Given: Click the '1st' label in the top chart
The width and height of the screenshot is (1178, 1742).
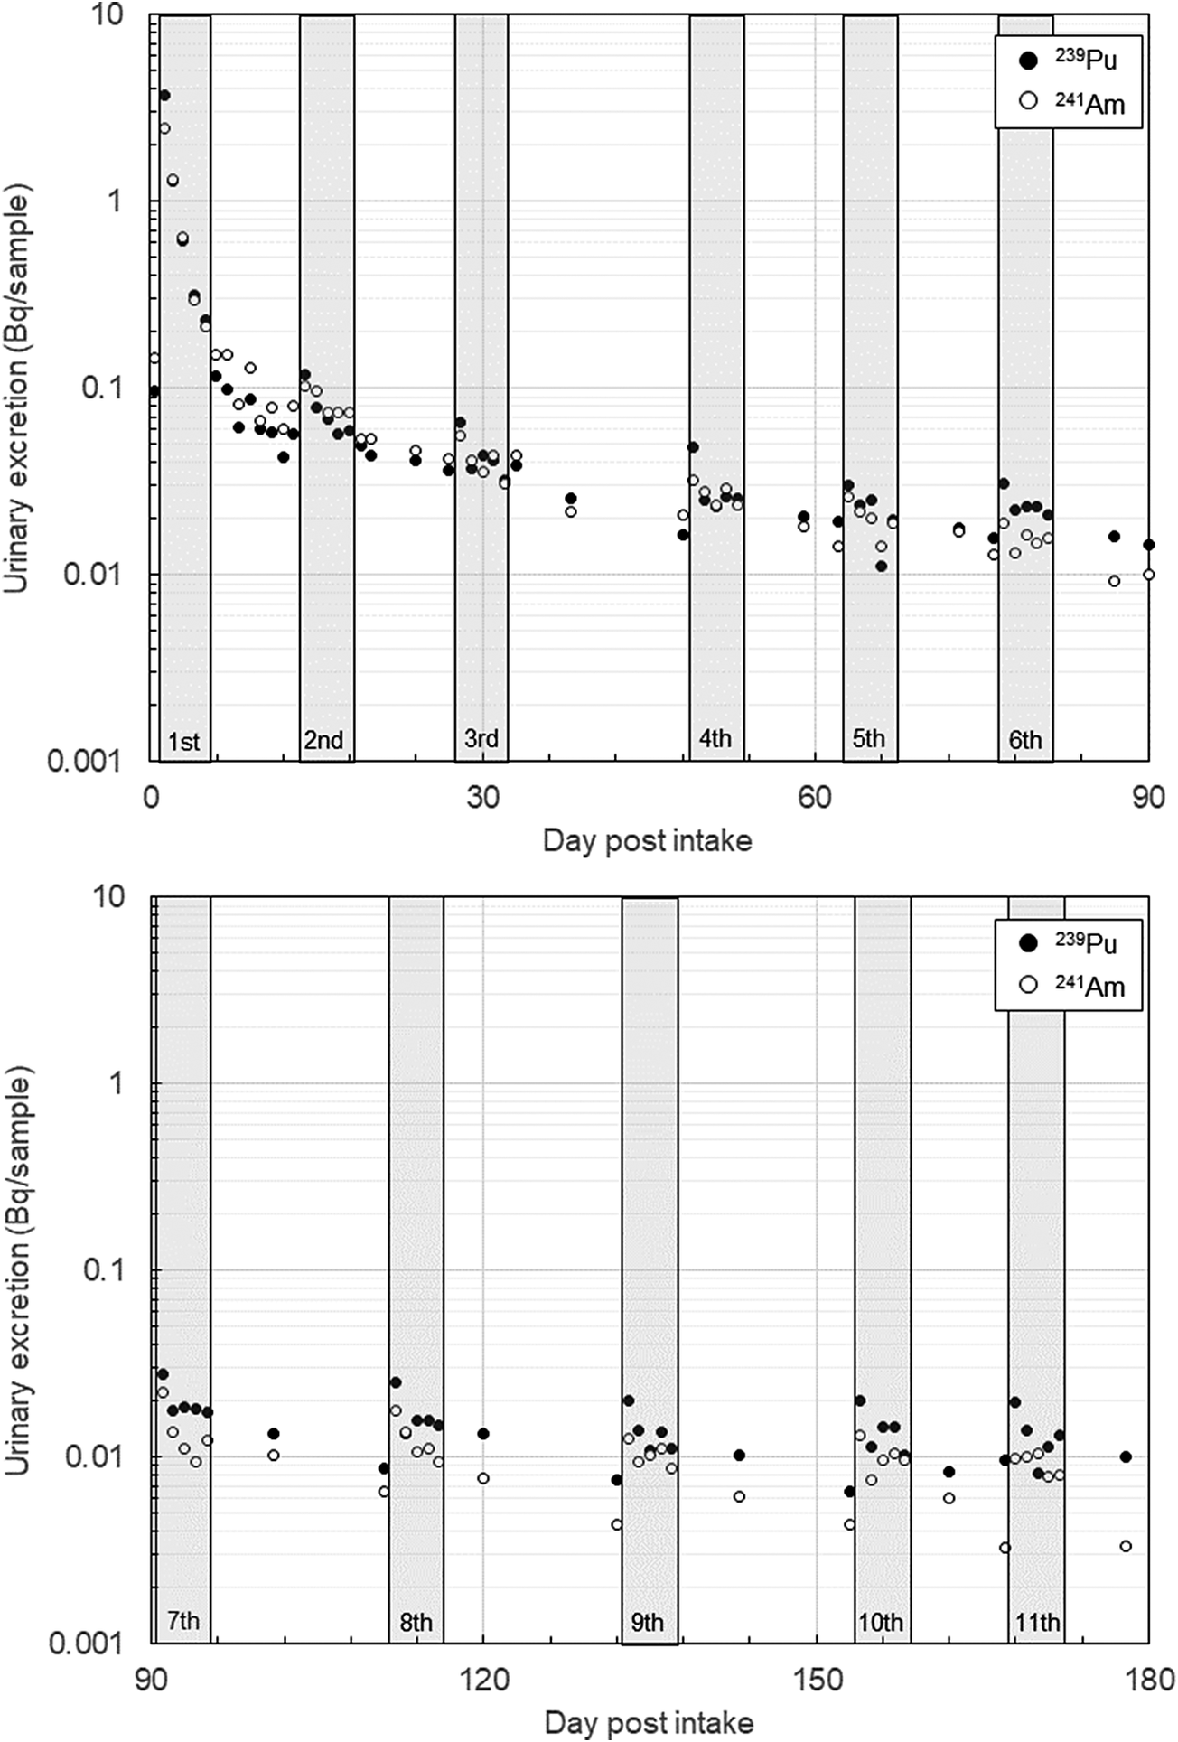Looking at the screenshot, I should point(183,742).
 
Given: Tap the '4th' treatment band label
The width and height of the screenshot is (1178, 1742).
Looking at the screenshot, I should point(715,738).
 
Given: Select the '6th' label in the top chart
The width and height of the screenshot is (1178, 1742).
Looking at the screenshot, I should point(1025,740).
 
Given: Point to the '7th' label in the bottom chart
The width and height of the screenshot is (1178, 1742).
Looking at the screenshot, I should point(183,1620).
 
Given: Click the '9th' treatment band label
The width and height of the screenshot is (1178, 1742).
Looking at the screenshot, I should point(647,1622).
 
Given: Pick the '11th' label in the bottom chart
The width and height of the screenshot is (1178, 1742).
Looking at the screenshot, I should point(1037,1622).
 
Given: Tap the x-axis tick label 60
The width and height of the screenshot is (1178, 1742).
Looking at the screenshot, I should point(815,797).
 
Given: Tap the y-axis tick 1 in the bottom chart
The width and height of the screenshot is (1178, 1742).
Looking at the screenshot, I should point(116,1082).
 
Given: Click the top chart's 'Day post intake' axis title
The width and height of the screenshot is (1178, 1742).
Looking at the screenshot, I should point(647,841).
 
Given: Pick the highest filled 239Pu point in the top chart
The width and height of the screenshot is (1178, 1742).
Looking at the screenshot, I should point(164,95).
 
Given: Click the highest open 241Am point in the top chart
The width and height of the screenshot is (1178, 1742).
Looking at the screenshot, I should point(164,128).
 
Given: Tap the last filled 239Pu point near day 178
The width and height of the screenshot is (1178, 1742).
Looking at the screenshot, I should point(1126,1456).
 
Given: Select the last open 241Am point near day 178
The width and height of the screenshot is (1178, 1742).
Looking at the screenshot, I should point(1126,1546).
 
